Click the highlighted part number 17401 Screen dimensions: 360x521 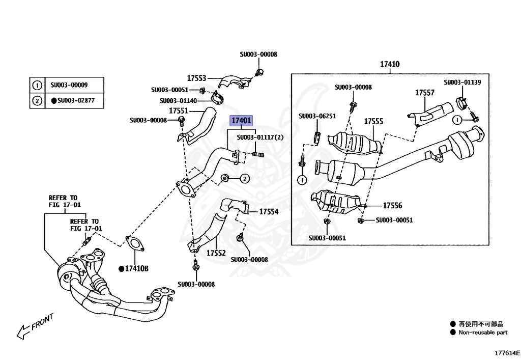[241, 121]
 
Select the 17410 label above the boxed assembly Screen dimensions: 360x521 [390, 65]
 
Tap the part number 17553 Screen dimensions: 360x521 [196, 78]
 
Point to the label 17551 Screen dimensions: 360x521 [179, 110]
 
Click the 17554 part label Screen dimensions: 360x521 [269, 211]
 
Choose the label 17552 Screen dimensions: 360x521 [216, 253]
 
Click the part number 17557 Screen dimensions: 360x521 [424, 93]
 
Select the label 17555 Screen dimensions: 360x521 [373, 122]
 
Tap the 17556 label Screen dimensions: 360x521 [392, 206]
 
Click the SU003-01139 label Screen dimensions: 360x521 [462, 82]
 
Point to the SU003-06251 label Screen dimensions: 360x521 [317, 116]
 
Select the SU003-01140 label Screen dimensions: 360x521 [178, 101]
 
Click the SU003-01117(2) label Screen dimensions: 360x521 [260, 137]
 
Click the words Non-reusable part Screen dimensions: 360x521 [483, 333]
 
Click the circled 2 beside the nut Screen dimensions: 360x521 [244, 178]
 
